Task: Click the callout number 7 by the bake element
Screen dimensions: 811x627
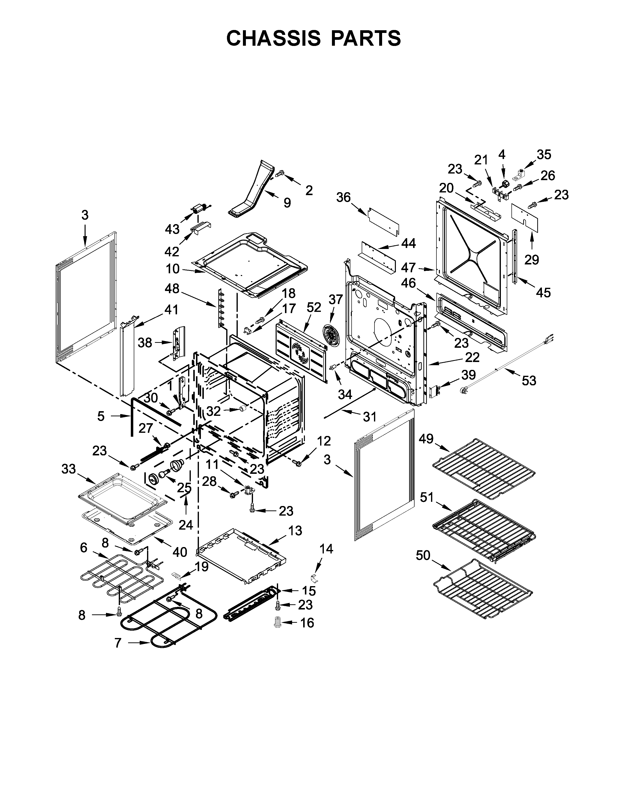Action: point(118,643)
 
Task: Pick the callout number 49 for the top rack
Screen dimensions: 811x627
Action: point(426,438)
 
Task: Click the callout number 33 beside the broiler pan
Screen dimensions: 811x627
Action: point(69,469)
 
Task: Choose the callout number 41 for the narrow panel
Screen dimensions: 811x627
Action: point(171,309)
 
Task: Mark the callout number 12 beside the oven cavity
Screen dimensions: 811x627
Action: point(324,441)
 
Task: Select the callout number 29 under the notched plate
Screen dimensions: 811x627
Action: point(532,260)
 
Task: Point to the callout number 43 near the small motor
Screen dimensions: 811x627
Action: point(172,230)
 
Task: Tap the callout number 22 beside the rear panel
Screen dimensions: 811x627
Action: point(472,357)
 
